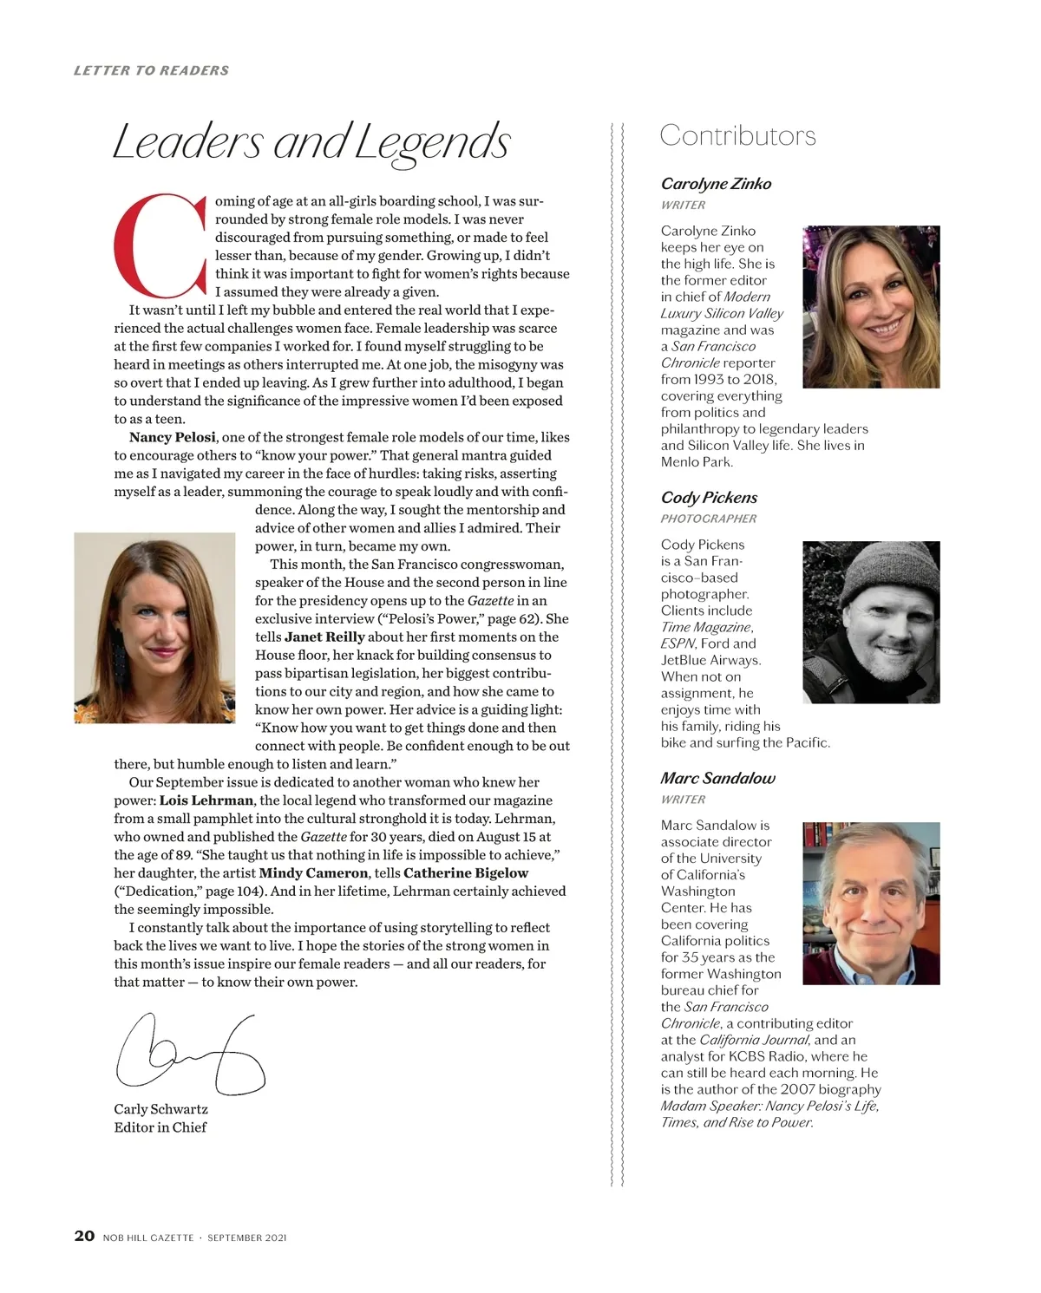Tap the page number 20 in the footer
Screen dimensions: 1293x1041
point(84,1236)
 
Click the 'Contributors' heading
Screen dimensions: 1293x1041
point(737,136)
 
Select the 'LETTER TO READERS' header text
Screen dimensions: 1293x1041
point(152,70)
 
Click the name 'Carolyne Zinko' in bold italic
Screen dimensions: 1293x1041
point(716,184)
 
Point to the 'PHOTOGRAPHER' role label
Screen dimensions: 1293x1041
point(709,519)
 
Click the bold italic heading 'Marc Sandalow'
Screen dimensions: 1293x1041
point(717,779)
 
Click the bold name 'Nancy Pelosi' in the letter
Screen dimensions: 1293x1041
point(173,437)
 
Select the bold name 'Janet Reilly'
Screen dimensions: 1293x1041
point(324,637)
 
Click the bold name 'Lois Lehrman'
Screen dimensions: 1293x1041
point(206,800)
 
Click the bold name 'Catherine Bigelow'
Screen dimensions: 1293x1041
point(466,873)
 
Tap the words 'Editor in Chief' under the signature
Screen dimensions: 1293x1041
point(160,1127)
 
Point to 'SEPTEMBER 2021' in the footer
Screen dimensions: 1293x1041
point(247,1237)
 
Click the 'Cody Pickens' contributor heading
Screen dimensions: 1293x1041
point(709,498)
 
